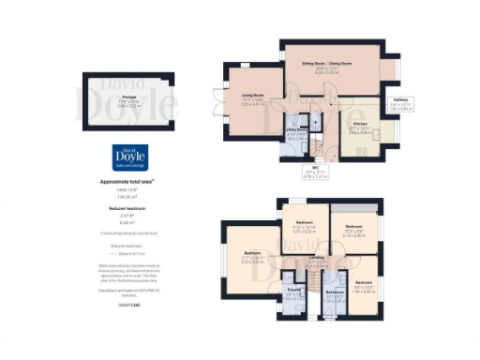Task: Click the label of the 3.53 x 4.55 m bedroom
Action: pyautogui.click(x=252, y=254)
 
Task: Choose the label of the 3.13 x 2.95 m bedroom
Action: pyautogui.click(x=353, y=228)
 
